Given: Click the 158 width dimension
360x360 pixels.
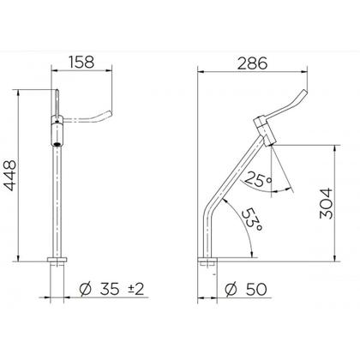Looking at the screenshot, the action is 81,62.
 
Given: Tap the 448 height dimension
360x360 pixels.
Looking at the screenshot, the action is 11,175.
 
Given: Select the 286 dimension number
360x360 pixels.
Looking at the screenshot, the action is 253,63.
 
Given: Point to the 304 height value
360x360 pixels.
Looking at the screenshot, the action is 327,203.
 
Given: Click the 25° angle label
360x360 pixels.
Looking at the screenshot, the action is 258,179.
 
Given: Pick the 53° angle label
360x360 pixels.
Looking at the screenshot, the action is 252,219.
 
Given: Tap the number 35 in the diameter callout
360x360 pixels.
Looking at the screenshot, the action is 110,289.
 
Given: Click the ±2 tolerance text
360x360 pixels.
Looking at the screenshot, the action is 135,290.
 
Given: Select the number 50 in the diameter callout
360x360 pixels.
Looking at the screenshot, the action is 256,289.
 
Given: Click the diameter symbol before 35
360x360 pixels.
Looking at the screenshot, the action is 86,289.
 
